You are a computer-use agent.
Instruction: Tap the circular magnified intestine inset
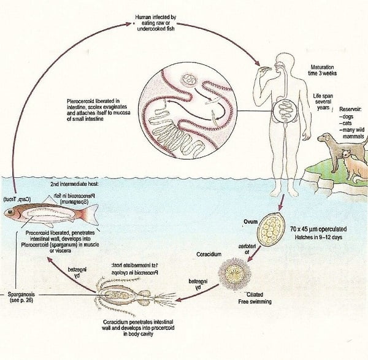pyautogui.click(x=184, y=120)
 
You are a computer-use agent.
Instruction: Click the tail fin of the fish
pyautogui.click(x=90, y=214)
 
